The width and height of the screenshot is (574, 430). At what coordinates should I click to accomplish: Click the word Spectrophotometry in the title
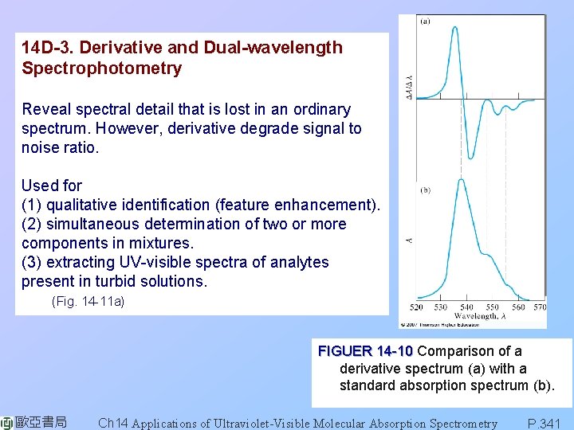pyautogui.click(x=101, y=68)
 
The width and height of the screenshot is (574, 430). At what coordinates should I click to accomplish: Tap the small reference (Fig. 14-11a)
pyautogui.click(x=88, y=302)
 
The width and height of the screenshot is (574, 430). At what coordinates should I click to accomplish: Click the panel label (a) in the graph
pyautogui.click(x=426, y=21)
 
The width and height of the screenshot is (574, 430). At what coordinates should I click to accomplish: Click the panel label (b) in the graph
pyautogui.click(x=426, y=191)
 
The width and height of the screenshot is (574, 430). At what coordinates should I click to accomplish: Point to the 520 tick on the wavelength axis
pyautogui.click(x=417, y=307)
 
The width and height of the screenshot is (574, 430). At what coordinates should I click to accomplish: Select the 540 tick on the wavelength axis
pyautogui.click(x=466, y=307)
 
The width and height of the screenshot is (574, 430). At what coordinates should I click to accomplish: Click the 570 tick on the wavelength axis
pyautogui.click(x=540, y=307)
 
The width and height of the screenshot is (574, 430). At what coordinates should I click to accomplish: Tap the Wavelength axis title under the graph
pyautogui.click(x=478, y=316)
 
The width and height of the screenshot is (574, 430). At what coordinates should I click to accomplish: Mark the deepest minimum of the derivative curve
pyautogui.click(x=471, y=156)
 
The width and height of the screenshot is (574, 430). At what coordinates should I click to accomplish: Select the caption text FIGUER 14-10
pyautogui.click(x=365, y=351)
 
